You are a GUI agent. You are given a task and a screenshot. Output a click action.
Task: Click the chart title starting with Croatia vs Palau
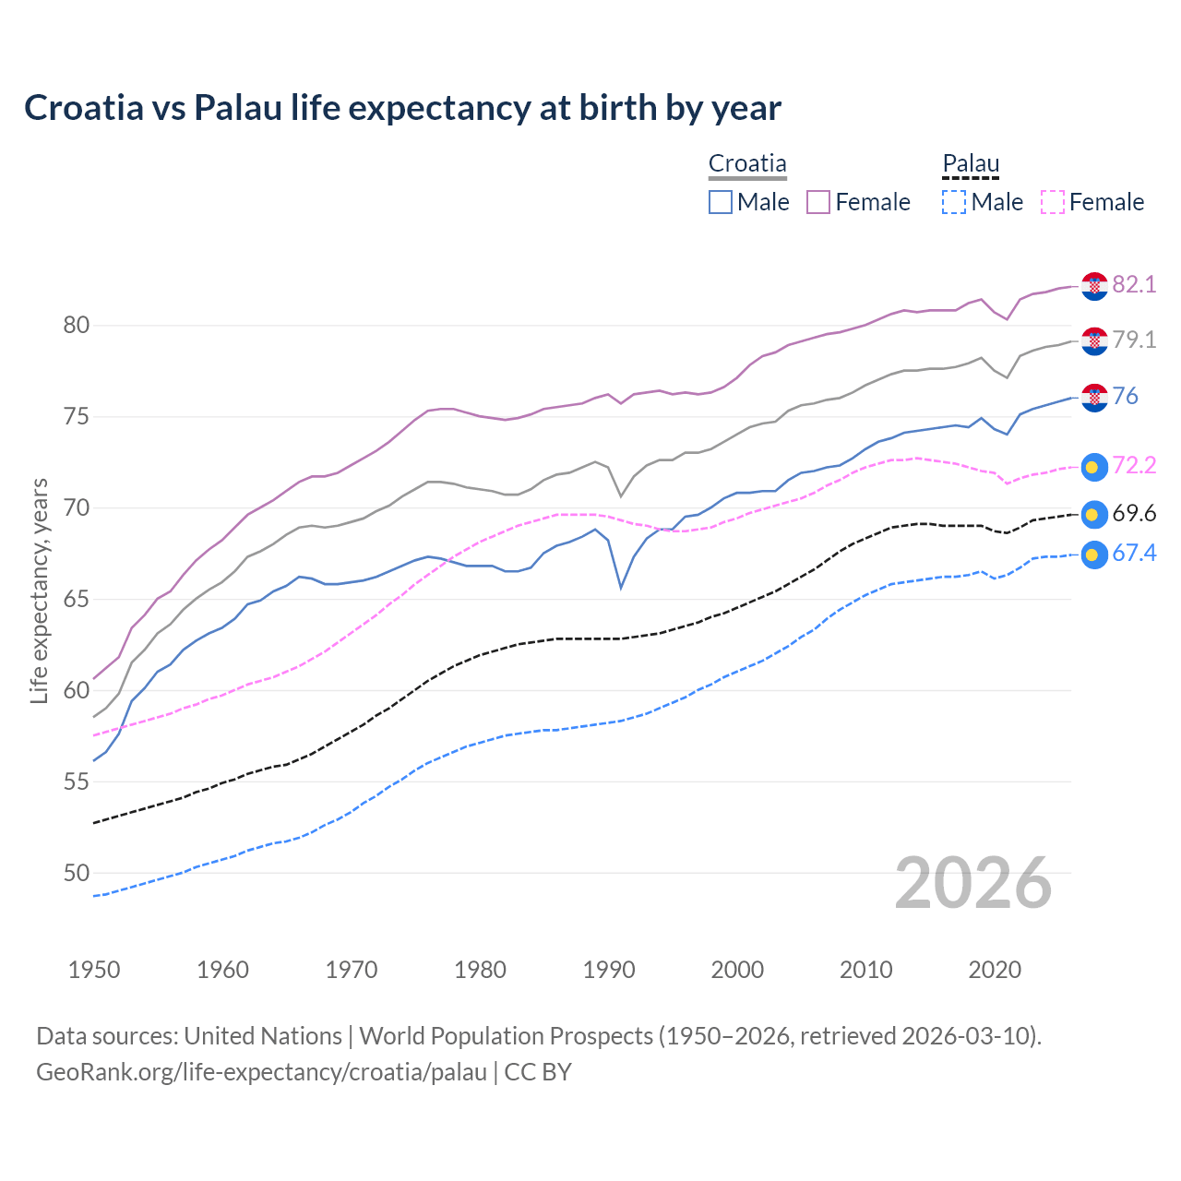tap(402, 108)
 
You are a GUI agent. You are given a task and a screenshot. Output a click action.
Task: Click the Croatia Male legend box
tap(721, 202)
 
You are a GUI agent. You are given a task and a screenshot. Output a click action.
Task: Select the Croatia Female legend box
tap(818, 202)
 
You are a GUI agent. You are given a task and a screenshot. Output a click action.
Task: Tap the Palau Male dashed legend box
tap(954, 202)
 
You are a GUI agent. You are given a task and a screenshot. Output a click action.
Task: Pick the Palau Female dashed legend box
tap(1053, 202)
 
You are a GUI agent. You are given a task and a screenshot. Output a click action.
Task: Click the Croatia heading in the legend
tap(747, 164)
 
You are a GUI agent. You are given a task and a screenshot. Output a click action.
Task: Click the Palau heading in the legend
tap(971, 164)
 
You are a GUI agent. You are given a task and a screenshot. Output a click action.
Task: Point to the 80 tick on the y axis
tap(76, 326)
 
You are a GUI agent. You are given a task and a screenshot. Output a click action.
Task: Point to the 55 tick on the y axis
tap(76, 782)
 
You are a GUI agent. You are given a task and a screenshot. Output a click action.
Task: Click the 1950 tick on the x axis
tap(94, 970)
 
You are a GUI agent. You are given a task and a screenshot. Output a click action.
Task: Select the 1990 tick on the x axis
tap(609, 970)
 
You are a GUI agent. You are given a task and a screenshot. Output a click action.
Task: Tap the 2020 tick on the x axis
tap(995, 970)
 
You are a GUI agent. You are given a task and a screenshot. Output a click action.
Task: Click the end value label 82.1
tap(1134, 285)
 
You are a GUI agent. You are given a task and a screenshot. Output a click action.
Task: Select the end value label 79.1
tap(1134, 340)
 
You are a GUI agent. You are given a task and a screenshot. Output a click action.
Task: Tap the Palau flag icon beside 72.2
tap(1093, 467)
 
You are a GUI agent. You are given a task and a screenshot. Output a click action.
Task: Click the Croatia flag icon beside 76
tap(1093, 398)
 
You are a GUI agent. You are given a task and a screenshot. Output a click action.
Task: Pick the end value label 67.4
tap(1134, 554)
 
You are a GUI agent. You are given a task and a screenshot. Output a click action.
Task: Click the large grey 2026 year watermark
tap(972, 884)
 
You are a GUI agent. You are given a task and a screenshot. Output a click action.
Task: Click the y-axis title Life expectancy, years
tap(40, 590)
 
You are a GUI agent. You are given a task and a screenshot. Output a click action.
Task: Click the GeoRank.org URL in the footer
tap(261, 1072)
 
